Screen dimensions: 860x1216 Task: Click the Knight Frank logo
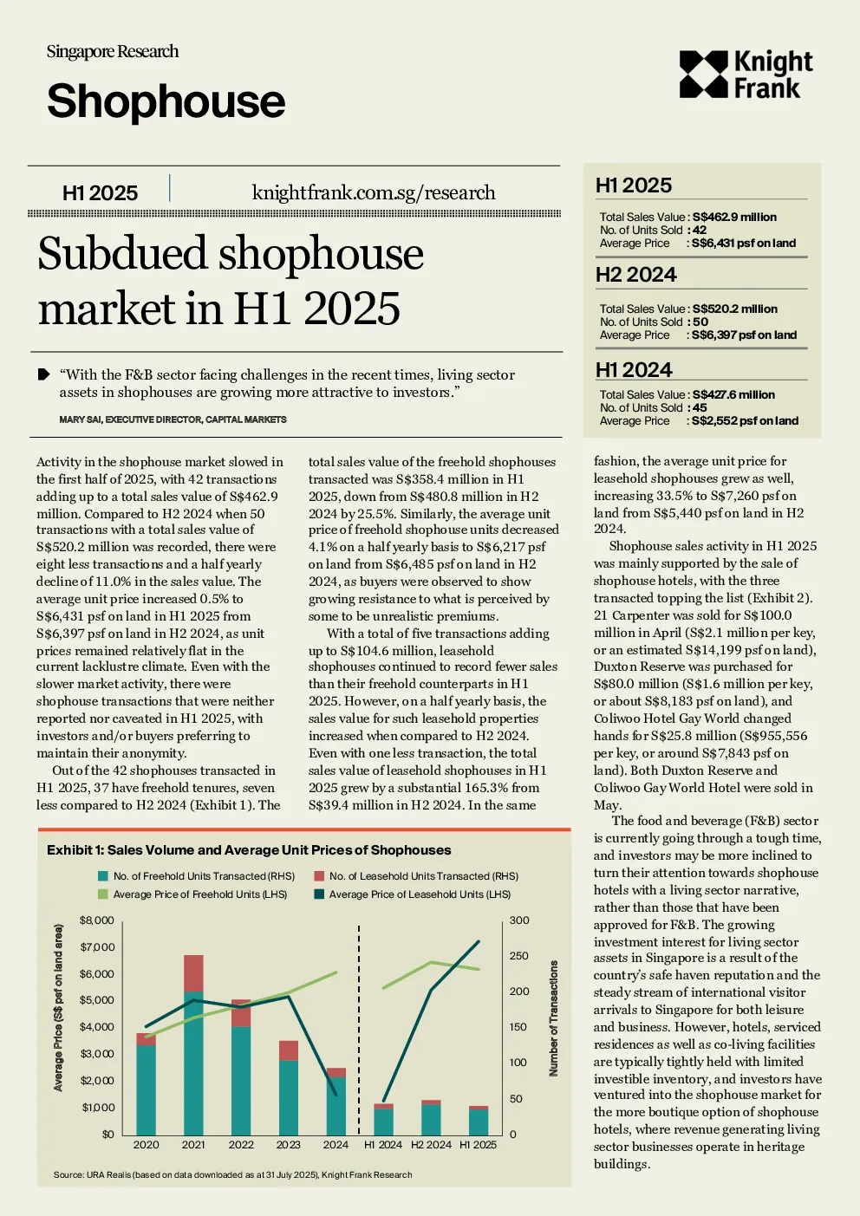pos(746,75)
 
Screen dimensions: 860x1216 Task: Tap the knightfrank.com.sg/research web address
pos(374,192)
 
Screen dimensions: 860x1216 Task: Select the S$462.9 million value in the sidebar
pos(734,218)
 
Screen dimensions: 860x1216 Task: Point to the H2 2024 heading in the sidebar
pos(635,275)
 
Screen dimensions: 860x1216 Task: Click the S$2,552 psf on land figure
pos(745,420)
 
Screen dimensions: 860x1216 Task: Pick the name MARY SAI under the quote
pos(80,419)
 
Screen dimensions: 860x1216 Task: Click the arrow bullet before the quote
pos(43,374)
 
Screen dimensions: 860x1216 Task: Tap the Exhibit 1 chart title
pos(249,850)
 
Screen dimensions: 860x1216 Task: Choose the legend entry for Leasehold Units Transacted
pos(416,876)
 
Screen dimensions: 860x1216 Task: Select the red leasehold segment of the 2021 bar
pos(194,973)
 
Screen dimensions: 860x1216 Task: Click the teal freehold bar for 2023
pos(289,1097)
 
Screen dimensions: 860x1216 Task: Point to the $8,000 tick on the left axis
pos(96,920)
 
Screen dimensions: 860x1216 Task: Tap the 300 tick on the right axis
pos(519,920)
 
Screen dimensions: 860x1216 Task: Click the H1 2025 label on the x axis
pos(478,1145)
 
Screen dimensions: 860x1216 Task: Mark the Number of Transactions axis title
pos(553,1018)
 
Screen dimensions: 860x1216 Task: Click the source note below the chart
pos(232,1174)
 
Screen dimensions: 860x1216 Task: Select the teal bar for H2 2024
pos(431,1120)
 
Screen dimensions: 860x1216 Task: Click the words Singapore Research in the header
pos(113,52)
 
